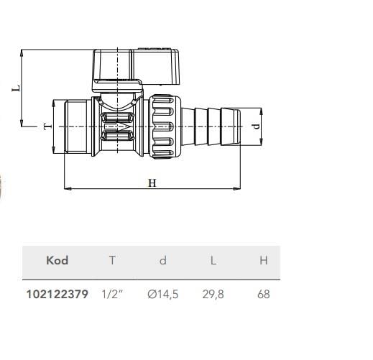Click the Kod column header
click(x=57, y=260)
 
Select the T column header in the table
click(x=112, y=260)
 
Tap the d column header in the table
click(x=163, y=260)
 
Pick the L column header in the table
click(x=213, y=260)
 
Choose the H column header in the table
click(x=263, y=260)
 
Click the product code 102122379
click(x=57, y=295)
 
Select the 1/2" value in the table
click(x=112, y=295)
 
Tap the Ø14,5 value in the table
click(x=163, y=295)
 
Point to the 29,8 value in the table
click(x=213, y=295)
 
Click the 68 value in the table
click(x=263, y=295)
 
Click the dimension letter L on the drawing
click(x=17, y=89)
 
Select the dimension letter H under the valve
click(x=152, y=183)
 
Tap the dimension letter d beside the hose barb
click(x=256, y=126)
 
